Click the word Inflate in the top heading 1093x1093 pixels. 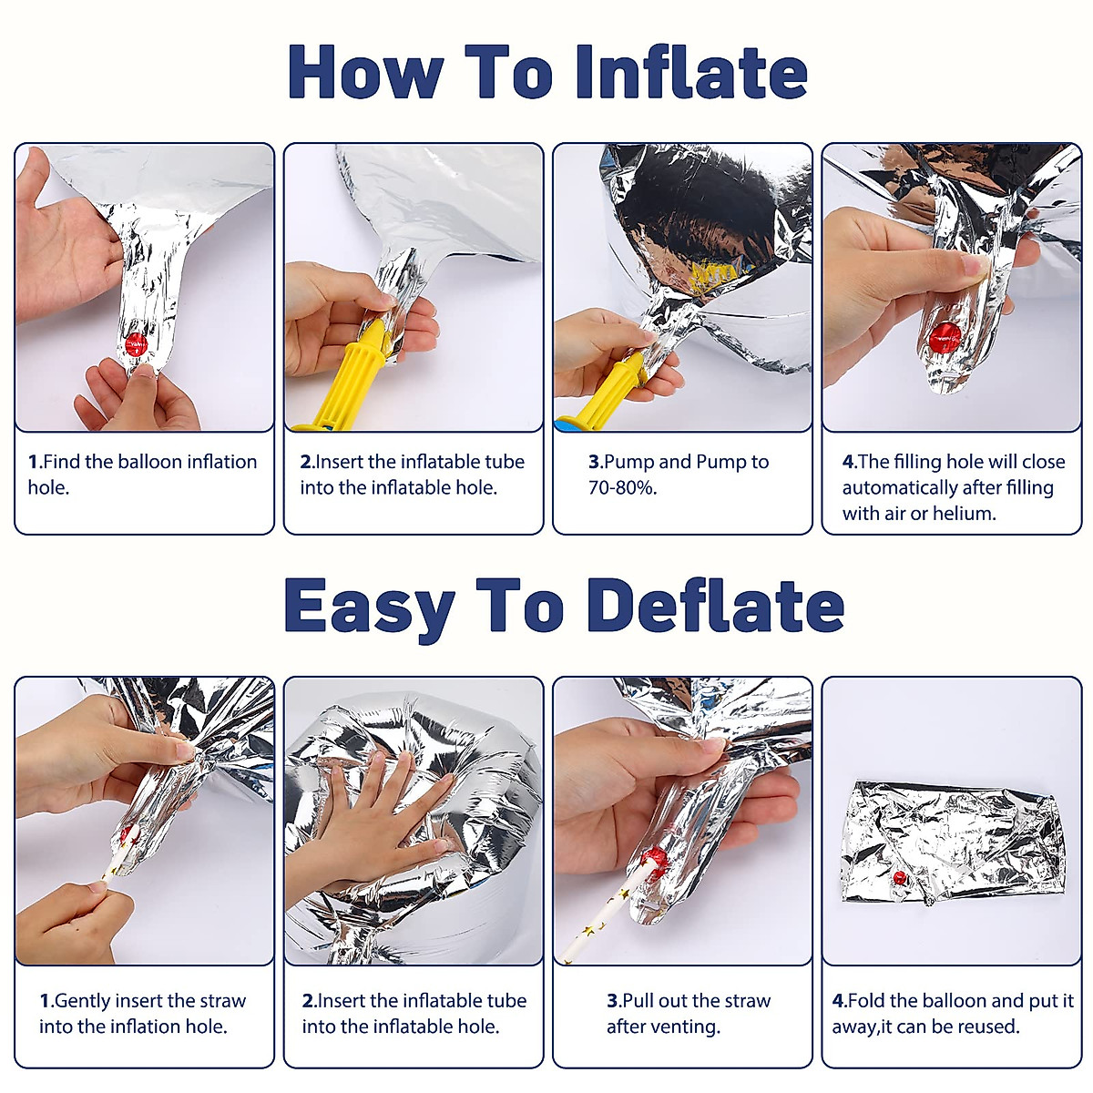click(690, 72)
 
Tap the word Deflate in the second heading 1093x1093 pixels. click(716, 605)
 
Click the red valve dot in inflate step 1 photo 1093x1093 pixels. click(136, 343)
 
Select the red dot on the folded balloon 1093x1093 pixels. click(900, 879)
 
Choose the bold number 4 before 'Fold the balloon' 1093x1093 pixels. click(838, 1000)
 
